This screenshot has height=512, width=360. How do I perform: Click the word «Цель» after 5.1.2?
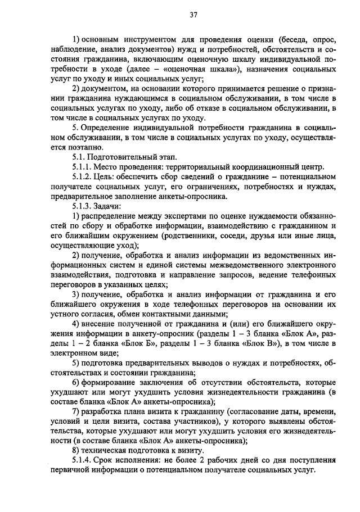coord(103,176)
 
